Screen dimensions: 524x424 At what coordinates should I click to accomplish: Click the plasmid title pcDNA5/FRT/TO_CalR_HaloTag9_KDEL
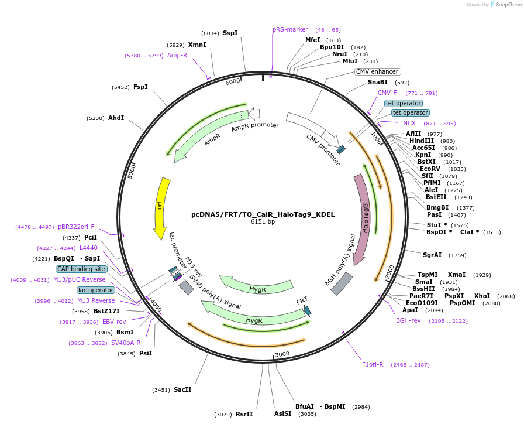[x=263, y=214]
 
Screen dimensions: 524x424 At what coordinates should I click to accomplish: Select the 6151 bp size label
[x=263, y=222]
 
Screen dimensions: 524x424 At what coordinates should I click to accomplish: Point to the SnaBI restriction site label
[x=377, y=82]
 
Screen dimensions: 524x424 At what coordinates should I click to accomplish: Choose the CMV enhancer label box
[x=377, y=71]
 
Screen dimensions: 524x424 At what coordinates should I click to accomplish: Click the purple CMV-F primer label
[x=387, y=93]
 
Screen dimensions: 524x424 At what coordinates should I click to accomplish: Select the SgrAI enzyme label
[x=432, y=255]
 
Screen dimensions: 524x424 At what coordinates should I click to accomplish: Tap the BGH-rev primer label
[x=408, y=320]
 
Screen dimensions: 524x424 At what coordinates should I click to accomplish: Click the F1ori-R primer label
[x=373, y=364]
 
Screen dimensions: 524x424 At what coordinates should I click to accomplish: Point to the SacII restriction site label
[x=182, y=389]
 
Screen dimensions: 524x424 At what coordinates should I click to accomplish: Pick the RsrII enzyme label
[x=244, y=414]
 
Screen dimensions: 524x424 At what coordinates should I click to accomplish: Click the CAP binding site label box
[x=81, y=269]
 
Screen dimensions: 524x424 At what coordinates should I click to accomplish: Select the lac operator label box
[x=95, y=290]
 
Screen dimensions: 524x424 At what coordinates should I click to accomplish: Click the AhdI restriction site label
[x=116, y=118]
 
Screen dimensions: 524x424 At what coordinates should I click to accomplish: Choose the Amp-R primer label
[x=177, y=55]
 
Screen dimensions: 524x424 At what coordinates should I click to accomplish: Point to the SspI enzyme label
[x=230, y=33]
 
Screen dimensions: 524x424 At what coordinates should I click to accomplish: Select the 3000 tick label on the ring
[x=282, y=354]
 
